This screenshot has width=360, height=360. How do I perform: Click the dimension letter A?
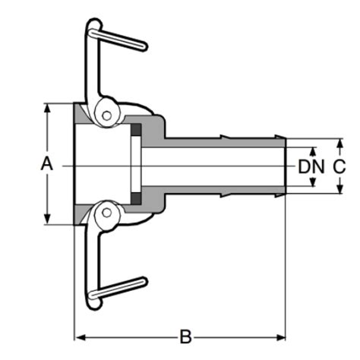(x=47, y=163)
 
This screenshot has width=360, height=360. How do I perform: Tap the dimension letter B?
(x=184, y=336)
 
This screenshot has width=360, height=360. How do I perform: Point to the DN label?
(x=311, y=166)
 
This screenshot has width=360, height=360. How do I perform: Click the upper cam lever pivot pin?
(x=107, y=115)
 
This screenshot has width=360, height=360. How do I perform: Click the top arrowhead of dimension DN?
(x=311, y=150)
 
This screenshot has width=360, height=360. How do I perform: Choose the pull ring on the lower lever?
(x=92, y=298)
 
